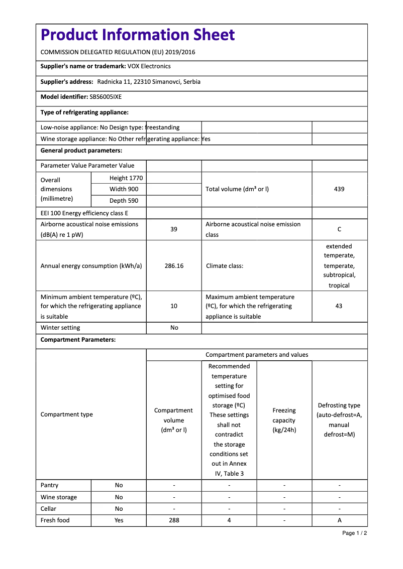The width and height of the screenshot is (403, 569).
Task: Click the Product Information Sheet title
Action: [x=138, y=35]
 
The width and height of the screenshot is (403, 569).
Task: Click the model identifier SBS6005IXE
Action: [x=106, y=97]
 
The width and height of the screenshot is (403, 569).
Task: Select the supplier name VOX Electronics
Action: [x=149, y=66]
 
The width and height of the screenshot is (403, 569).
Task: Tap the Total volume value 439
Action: [x=339, y=189]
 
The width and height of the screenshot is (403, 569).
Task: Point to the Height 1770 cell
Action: [x=126, y=178]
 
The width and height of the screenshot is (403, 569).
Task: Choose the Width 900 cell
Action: [x=124, y=189]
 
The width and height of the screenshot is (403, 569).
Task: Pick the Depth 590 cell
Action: [x=124, y=201]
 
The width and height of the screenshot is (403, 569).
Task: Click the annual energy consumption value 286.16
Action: [x=174, y=266]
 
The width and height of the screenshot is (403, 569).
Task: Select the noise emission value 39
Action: [x=174, y=229]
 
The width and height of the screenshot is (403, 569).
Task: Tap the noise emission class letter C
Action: [x=339, y=229]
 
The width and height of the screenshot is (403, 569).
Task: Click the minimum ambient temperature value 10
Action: [x=174, y=306]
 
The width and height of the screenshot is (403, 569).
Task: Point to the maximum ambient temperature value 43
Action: [x=339, y=306]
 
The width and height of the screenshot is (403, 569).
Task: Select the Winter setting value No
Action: [x=174, y=328]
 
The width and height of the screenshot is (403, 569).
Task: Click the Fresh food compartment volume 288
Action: [x=174, y=520]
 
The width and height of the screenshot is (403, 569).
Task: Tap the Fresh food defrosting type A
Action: [x=340, y=520]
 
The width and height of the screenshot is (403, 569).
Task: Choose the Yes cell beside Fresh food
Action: [x=119, y=520]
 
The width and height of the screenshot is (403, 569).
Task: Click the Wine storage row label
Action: [x=59, y=497]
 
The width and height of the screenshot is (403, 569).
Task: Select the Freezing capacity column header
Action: [x=284, y=420]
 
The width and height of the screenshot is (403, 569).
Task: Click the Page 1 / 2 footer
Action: [x=354, y=533]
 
